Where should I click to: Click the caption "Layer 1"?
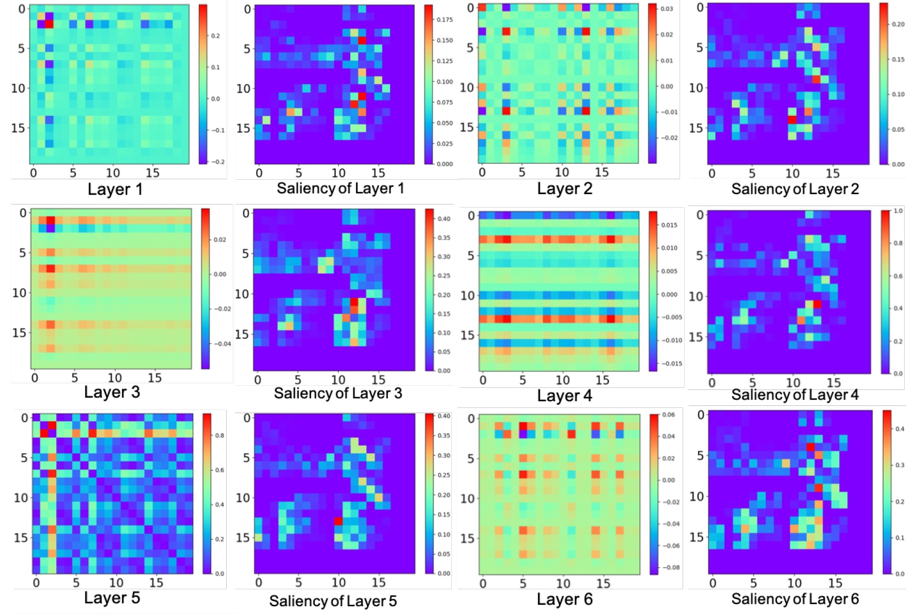(115, 189)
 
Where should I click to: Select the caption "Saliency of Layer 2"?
(795, 189)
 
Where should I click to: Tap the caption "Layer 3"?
(112, 392)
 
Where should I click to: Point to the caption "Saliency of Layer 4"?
(795, 395)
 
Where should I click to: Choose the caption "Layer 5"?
(112, 598)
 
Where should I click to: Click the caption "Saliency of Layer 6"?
(795, 599)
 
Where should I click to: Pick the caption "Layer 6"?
(565, 599)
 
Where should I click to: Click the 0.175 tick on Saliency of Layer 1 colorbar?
(444, 20)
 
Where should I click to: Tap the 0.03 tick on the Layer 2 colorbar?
(667, 9)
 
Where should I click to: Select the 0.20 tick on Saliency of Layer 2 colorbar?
(898, 24)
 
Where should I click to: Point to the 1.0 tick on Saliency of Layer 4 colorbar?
(898, 211)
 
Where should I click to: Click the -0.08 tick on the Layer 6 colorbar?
(671, 567)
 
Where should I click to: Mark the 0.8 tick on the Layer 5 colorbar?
(219, 435)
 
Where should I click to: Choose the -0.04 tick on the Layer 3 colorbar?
(222, 344)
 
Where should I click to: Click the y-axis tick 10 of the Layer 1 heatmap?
(18, 88)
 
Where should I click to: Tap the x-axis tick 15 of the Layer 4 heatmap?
(602, 380)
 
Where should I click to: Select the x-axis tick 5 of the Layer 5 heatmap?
(76, 583)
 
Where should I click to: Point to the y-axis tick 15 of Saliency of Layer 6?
(696, 537)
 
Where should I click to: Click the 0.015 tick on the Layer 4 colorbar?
(669, 225)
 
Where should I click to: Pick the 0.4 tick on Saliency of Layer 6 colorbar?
(900, 429)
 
